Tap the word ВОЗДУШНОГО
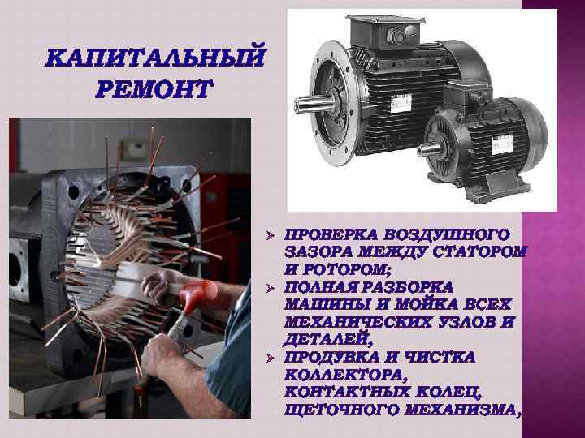click(x=440, y=234)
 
